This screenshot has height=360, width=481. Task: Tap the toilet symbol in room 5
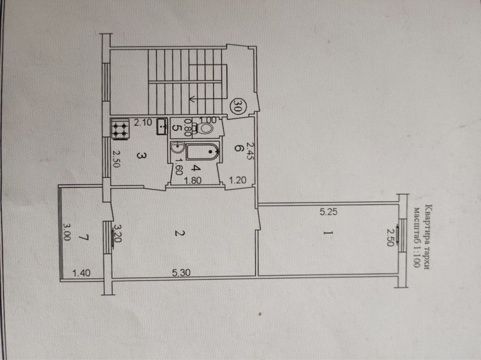[205, 128]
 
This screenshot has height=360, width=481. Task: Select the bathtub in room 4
[202, 151]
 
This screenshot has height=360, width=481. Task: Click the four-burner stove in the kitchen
[120, 129]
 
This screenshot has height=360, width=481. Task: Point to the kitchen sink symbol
[162, 126]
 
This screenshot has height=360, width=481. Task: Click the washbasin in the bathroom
[177, 148]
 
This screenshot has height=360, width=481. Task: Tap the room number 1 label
[328, 233]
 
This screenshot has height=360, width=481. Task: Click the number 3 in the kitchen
[141, 156]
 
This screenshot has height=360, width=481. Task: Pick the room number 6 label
[238, 148]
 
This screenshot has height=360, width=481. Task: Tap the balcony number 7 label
[83, 237]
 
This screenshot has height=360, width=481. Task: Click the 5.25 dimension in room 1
[329, 212]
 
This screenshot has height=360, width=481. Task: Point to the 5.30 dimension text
[181, 272]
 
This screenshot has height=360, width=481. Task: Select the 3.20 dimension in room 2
[118, 233]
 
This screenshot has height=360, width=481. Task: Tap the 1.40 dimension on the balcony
[81, 273]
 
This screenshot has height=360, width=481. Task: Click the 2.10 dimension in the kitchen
[143, 122]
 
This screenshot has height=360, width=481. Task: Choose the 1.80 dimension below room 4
[192, 180]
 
